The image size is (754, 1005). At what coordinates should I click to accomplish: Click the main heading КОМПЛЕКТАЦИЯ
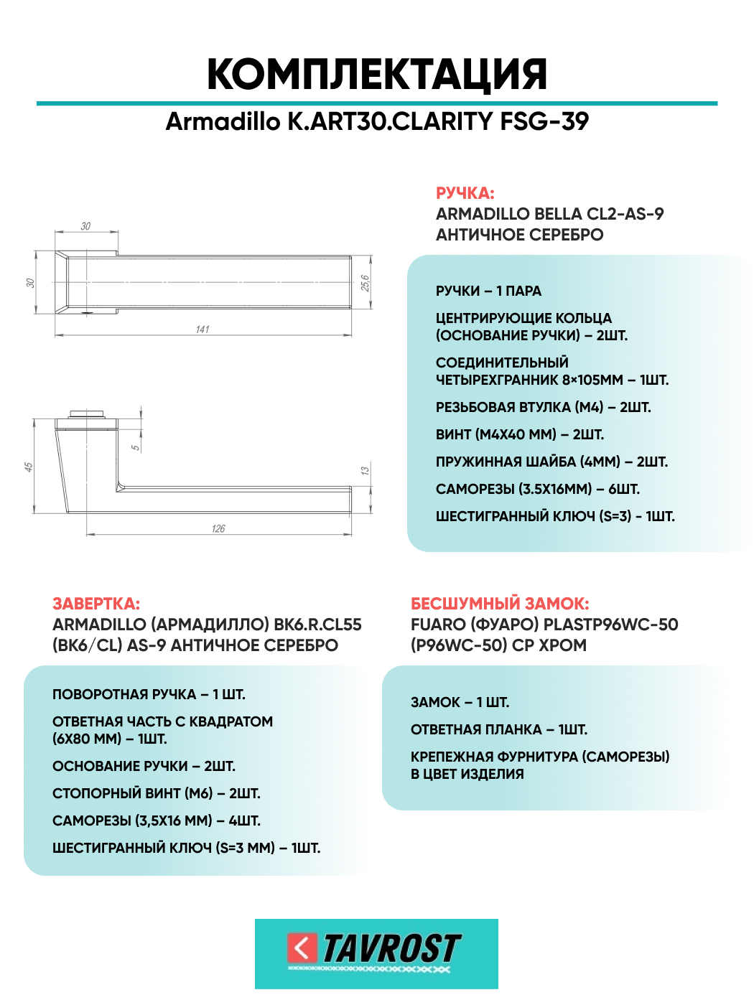point(377,74)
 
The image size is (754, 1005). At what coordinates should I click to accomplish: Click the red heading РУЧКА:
point(465,193)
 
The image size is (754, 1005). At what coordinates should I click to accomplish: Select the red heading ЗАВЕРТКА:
point(96,604)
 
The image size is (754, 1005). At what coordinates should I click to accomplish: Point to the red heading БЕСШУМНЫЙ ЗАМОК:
point(500,604)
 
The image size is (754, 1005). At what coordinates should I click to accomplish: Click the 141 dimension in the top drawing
point(203,329)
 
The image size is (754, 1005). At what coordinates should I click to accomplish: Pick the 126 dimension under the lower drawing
point(218,529)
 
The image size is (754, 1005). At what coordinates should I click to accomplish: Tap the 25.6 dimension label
point(365,283)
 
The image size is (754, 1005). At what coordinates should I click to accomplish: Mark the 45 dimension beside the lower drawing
point(29,467)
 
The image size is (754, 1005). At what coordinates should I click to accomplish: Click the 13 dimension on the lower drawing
point(365,471)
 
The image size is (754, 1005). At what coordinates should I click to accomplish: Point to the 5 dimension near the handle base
point(135,447)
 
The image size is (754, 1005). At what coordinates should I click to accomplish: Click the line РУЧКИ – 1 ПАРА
point(488,291)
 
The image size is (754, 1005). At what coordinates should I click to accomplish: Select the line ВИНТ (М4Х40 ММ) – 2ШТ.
point(519,435)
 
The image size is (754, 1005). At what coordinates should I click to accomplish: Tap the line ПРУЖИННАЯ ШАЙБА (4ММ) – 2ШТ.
point(551,462)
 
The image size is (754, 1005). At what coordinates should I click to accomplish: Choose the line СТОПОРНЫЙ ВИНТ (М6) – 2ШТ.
point(156,794)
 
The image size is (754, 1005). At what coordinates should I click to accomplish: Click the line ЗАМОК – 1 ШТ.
point(460,703)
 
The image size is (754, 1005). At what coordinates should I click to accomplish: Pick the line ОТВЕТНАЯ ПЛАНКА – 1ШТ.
point(498,730)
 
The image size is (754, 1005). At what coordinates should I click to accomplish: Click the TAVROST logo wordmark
point(391,949)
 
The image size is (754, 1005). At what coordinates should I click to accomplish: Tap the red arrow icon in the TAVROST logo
point(302,948)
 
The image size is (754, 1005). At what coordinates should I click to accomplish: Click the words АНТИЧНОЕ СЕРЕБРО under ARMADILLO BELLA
point(519,235)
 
